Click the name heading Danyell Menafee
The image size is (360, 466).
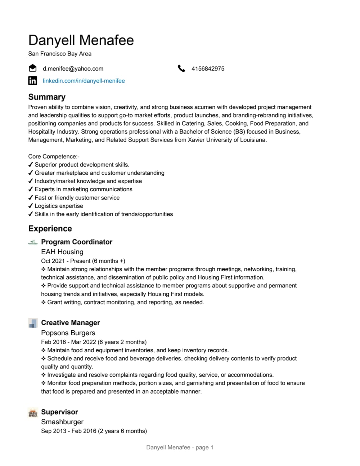point(81,40)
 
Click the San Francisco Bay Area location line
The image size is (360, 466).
point(60,54)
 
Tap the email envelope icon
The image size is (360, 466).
point(33,68)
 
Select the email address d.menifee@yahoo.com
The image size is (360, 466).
point(73,68)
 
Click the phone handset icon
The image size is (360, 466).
point(181,68)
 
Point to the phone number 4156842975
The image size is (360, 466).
point(208,68)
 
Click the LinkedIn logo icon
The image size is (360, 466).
point(33,81)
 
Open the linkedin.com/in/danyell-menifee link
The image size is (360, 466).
point(84,81)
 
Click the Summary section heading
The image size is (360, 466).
point(47,97)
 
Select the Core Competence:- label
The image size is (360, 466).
point(54,156)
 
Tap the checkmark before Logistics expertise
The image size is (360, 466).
point(31,206)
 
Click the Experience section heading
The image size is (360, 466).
point(50,229)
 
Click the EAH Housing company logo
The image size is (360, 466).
point(33,242)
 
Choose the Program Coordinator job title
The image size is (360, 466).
point(77,242)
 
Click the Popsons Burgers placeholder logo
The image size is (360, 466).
point(33,323)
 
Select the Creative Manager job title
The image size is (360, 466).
point(71,323)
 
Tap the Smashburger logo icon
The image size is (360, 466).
point(33,412)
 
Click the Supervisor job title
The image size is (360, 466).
point(59,412)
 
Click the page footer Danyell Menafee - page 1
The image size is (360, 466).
point(180,447)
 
